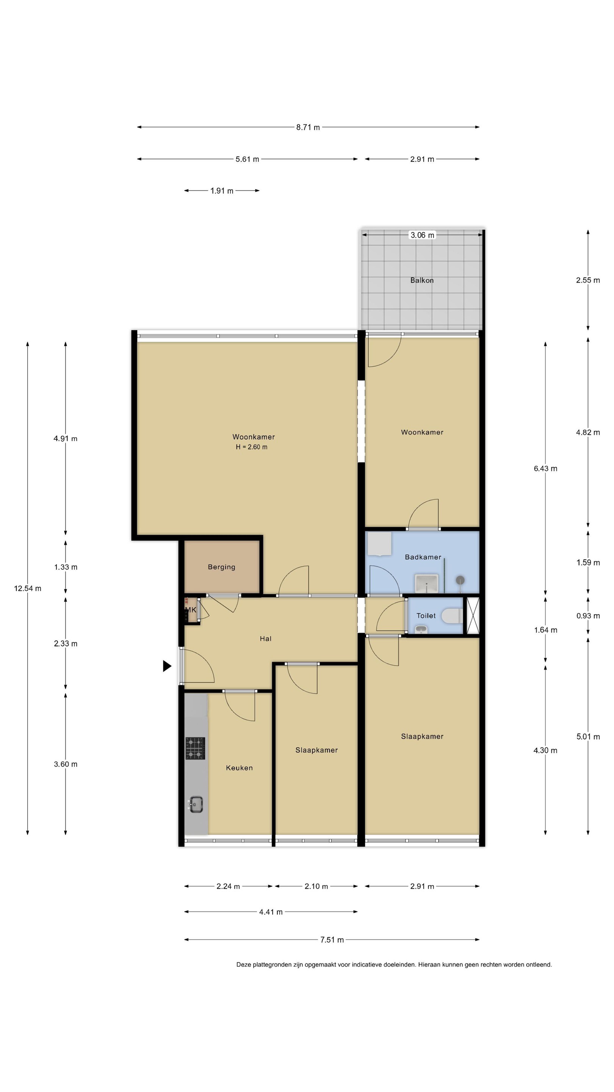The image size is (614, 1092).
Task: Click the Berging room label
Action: coord(221,567)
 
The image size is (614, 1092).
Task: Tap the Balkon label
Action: coord(421,280)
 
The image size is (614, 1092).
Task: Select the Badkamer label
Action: coord(423,557)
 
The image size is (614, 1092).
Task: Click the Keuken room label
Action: coord(239,768)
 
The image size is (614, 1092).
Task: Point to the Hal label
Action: coord(266,639)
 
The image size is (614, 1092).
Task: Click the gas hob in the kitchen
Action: coord(195,748)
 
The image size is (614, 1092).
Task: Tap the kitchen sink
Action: coord(196,804)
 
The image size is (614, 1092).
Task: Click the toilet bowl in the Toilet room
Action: coord(452,616)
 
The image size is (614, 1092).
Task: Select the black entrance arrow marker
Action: coord(167,666)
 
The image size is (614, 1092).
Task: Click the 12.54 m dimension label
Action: coord(28,588)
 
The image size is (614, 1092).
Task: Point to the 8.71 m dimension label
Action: coord(308,127)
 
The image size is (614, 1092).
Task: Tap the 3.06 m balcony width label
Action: coord(422,235)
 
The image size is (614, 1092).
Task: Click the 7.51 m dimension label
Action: coord(332,940)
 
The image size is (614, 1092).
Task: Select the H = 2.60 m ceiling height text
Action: coord(252,447)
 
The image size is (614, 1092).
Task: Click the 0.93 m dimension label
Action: coord(588,616)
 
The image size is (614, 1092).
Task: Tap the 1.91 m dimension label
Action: coord(222,191)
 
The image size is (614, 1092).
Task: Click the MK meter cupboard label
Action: coord(191,610)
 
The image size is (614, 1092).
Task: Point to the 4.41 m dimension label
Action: coord(271,912)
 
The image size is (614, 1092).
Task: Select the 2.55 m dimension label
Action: coord(588,280)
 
